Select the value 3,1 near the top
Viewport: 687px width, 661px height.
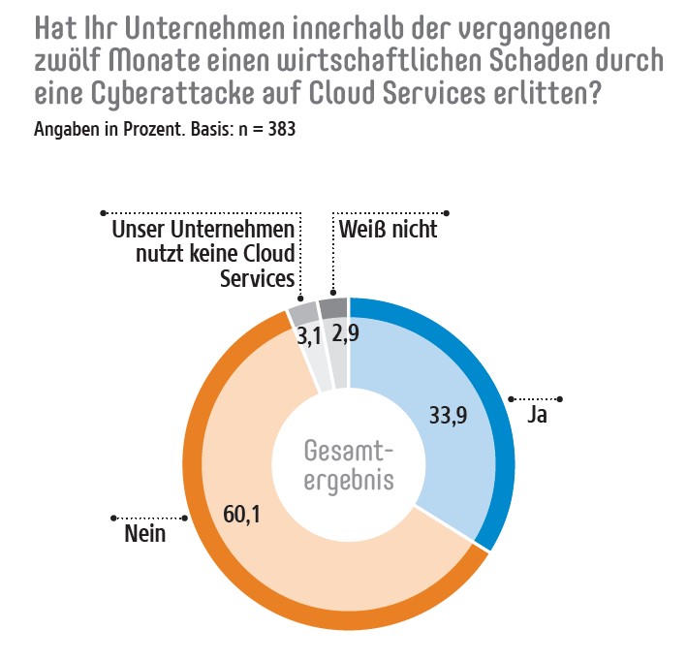(307, 337)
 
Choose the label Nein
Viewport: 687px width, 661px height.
(144, 534)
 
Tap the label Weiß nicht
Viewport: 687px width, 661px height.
(389, 230)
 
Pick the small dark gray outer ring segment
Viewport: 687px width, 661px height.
(333, 308)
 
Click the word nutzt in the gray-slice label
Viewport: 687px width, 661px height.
(146, 254)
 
